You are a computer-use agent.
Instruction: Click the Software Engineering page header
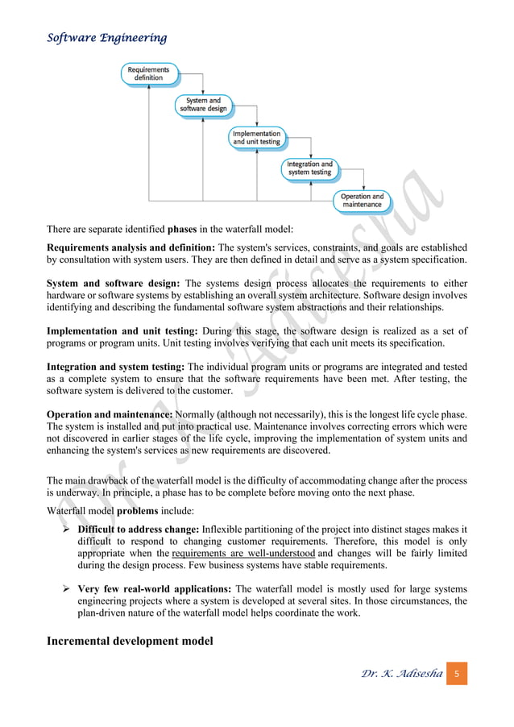(x=106, y=38)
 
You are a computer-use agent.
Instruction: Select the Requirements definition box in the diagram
(x=147, y=73)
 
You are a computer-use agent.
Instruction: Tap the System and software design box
(x=203, y=105)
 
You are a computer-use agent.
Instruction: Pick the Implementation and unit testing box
(x=256, y=137)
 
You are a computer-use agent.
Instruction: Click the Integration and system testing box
(x=309, y=168)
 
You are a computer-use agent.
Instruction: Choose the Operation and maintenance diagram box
(x=362, y=200)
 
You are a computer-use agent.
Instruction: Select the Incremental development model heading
(x=131, y=641)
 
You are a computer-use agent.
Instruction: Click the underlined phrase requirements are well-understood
(x=242, y=555)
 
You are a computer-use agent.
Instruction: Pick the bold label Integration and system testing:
(x=116, y=367)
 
